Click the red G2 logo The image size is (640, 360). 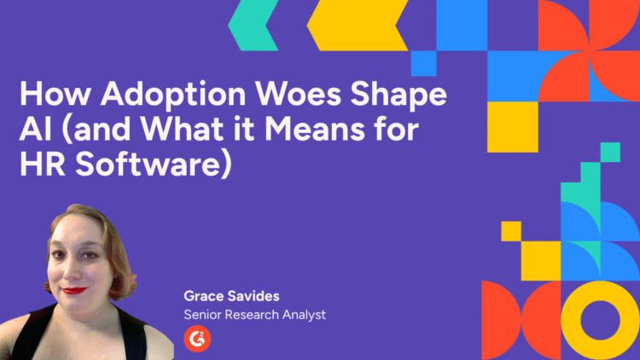(197, 339)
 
